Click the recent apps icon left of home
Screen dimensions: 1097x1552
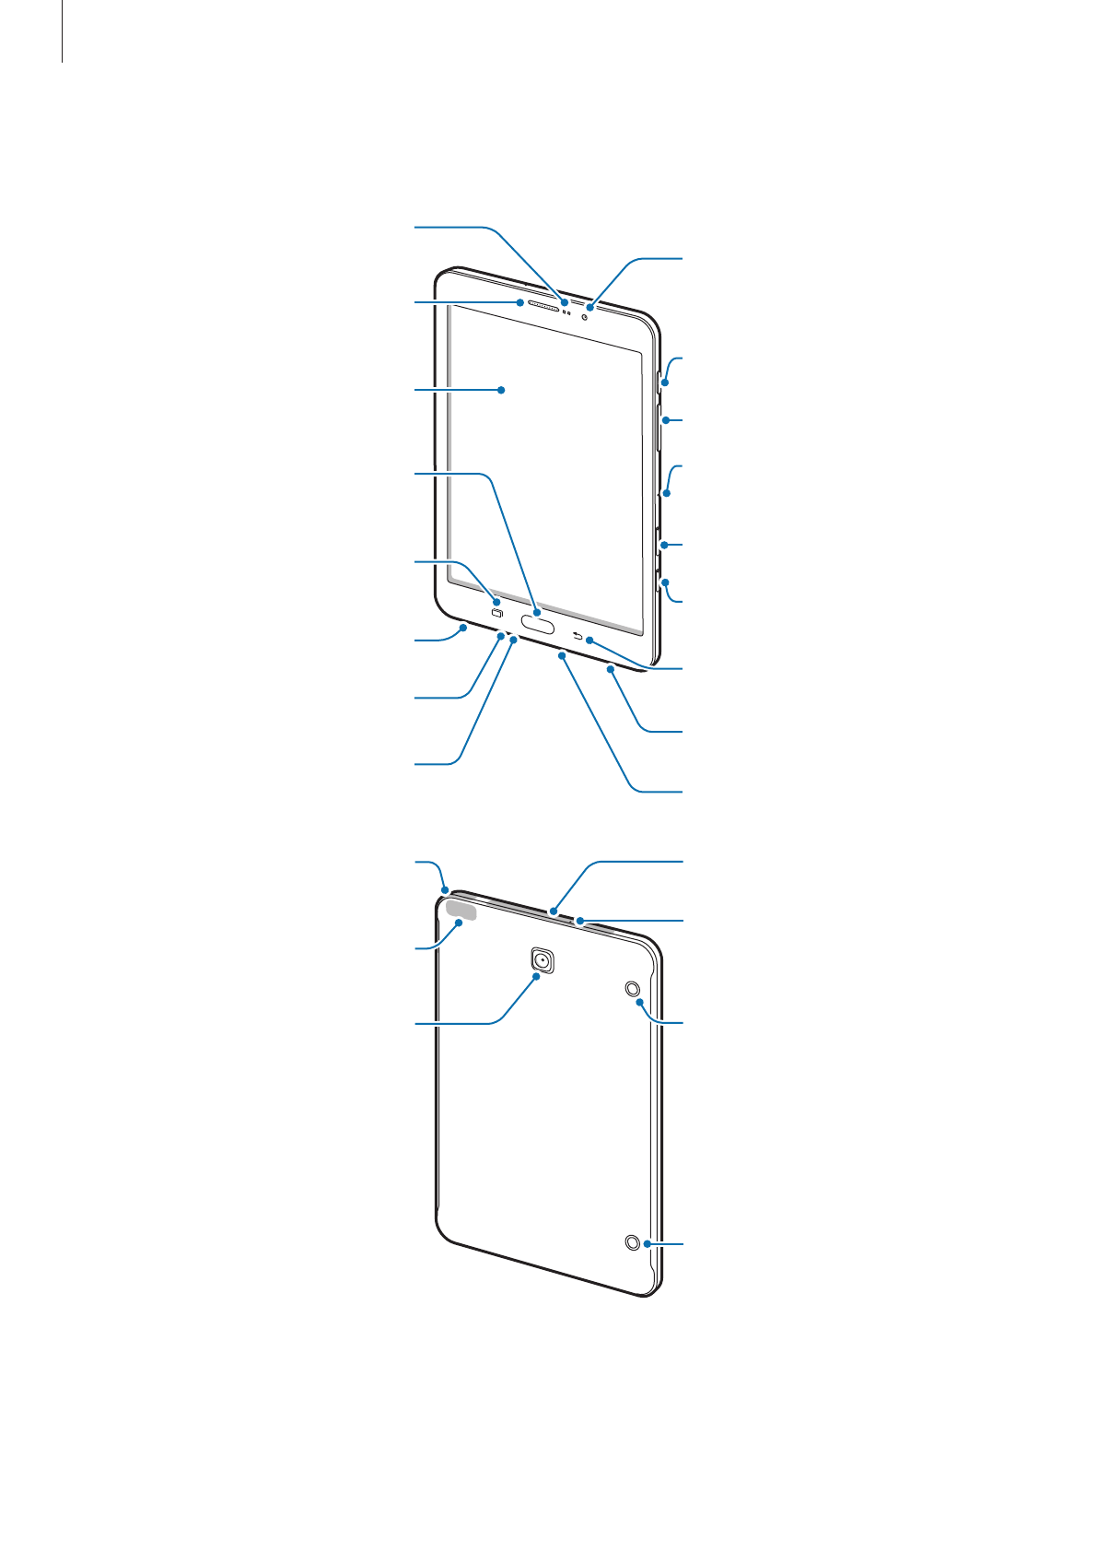(x=497, y=615)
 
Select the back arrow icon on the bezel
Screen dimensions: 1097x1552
(x=578, y=636)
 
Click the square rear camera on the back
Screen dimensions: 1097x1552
(x=543, y=960)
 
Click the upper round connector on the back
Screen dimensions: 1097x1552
(x=633, y=989)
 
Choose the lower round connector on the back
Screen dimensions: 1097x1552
(x=632, y=1242)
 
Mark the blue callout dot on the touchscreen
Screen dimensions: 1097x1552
(x=502, y=390)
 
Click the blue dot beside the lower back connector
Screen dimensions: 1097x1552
(x=648, y=1243)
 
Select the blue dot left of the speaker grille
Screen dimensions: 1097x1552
(x=521, y=301)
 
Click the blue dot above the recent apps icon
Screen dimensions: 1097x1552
(x=496, y=601)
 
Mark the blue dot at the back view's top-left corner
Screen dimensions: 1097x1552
(x=445, y=890)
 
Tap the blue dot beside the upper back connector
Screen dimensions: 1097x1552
(x=639, y=1001)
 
